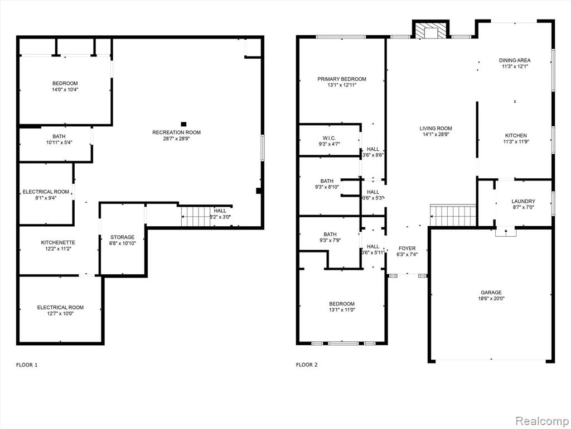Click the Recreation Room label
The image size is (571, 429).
click(176, 132)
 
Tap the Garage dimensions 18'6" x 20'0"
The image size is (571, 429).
click(491, 298)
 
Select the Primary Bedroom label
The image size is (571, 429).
click(342, 79)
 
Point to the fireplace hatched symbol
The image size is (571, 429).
click(431, 31)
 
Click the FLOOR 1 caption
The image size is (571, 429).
click(27, 365)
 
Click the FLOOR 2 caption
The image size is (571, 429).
click(307, 365)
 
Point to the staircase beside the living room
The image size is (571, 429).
click(453, 215)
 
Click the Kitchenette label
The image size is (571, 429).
click(58, 242)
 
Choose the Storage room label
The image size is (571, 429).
click(122, 237)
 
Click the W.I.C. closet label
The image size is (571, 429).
click(329, 138)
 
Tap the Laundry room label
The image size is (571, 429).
click(523, 201)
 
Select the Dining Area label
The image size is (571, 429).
click(515, 60)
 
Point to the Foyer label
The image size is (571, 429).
click(407, 249)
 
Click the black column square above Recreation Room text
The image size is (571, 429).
click(183, 124)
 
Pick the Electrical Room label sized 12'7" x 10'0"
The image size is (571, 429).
click(60, 308)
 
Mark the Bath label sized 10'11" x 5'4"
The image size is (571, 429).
click(59, 136)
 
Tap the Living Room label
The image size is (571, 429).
click(435, 128)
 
